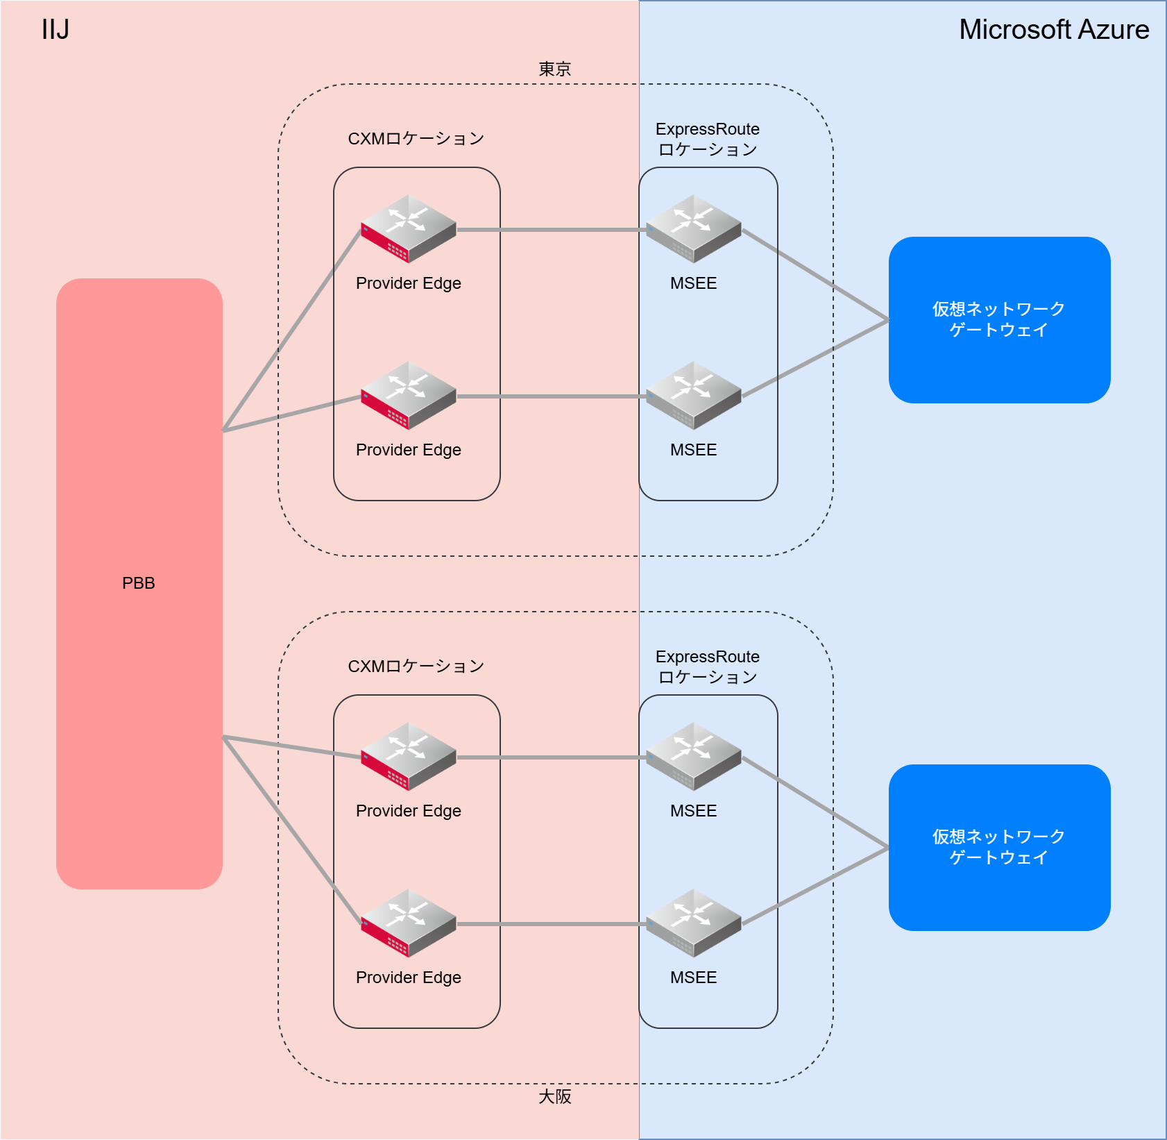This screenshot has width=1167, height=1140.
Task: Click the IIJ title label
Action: tap(56, 29)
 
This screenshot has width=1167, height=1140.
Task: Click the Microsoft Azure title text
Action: tap(1053, 29)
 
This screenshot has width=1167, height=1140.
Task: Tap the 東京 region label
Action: tap(554, 69)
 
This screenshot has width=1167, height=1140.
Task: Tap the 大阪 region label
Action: tap(554, 1096)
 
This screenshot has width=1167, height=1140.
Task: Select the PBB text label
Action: tap(139, 583)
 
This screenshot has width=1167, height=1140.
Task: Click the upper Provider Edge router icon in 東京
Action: tap(409, 229)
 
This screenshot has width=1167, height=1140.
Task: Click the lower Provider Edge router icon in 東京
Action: tap(409, 396)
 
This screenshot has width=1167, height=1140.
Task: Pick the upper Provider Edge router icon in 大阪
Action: tap(409, 757)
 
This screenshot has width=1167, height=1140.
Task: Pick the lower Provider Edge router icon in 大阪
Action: tap(409, 923)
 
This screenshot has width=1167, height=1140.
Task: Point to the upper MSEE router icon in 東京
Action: tap(694, 229)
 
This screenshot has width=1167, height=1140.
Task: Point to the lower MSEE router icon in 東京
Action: tap(694, 396)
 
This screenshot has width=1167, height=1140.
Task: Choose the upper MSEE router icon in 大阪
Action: tap(694, 757)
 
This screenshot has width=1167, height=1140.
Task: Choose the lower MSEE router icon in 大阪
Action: tap(694, 923)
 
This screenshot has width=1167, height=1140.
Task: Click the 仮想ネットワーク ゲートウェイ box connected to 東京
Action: tap(999, 319)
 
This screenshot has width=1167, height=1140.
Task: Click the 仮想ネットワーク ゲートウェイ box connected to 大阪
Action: tap(999, 847)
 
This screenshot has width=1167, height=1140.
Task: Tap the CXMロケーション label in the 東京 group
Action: tap(416, 138)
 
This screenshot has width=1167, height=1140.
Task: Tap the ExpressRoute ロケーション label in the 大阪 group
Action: tap(708, 667)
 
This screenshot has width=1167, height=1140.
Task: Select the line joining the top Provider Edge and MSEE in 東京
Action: tap(548, 230)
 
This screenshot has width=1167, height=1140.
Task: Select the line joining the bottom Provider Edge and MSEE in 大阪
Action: tap(548, 924)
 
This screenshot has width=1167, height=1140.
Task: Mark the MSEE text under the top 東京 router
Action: tap(694, 283)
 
